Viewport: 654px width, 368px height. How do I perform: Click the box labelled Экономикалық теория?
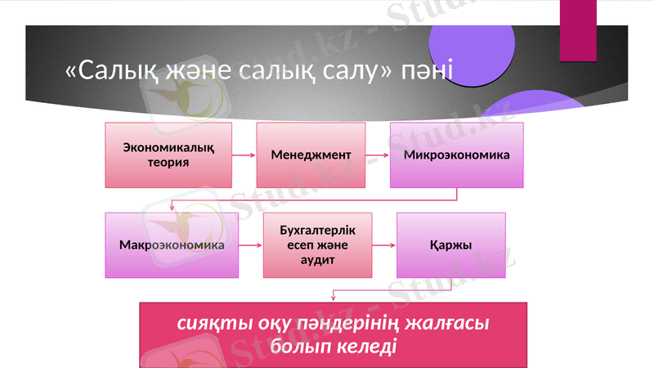168,155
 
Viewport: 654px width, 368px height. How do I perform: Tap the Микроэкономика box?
456,155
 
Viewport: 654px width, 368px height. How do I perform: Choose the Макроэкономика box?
172,245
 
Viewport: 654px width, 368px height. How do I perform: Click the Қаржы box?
450,245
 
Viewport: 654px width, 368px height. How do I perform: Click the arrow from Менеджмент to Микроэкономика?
377,155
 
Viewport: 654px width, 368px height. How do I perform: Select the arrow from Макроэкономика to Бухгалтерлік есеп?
251,245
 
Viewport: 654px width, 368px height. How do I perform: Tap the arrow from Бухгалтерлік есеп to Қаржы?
383,245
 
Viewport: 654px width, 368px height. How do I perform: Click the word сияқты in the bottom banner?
208,323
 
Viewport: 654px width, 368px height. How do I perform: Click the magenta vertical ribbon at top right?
578,29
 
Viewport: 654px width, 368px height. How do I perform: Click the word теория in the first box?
168,162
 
